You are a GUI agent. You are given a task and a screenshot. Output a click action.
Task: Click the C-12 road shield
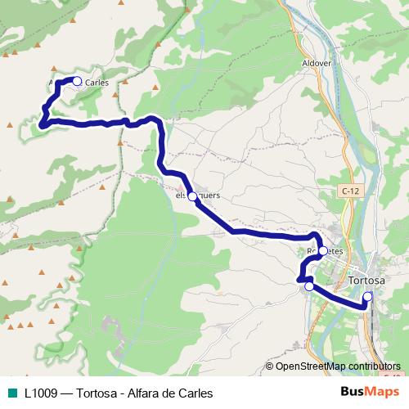[350, 191]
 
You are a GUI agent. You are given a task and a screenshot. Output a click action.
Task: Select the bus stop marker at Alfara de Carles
[77, 81]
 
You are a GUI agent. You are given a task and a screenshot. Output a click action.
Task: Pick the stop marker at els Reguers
[192, 196]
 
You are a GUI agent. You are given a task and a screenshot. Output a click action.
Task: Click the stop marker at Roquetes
[323, 251]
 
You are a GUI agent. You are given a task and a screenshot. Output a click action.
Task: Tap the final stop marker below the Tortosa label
[368, 296]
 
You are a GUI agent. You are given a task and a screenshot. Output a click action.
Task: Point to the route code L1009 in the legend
[42, 393]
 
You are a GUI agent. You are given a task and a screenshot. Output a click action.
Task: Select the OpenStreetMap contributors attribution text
[338, 366]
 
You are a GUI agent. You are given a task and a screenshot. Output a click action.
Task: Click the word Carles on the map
[96, 82]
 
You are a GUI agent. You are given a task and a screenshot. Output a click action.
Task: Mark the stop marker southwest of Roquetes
[309, 286]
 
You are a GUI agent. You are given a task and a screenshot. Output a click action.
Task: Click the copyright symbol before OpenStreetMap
[270, 366]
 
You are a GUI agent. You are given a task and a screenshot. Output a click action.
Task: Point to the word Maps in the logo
[384, 393]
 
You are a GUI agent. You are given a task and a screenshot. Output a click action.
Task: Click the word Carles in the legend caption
[196, 393]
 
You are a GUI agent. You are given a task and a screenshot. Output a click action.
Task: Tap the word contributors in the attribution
[371, 366]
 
